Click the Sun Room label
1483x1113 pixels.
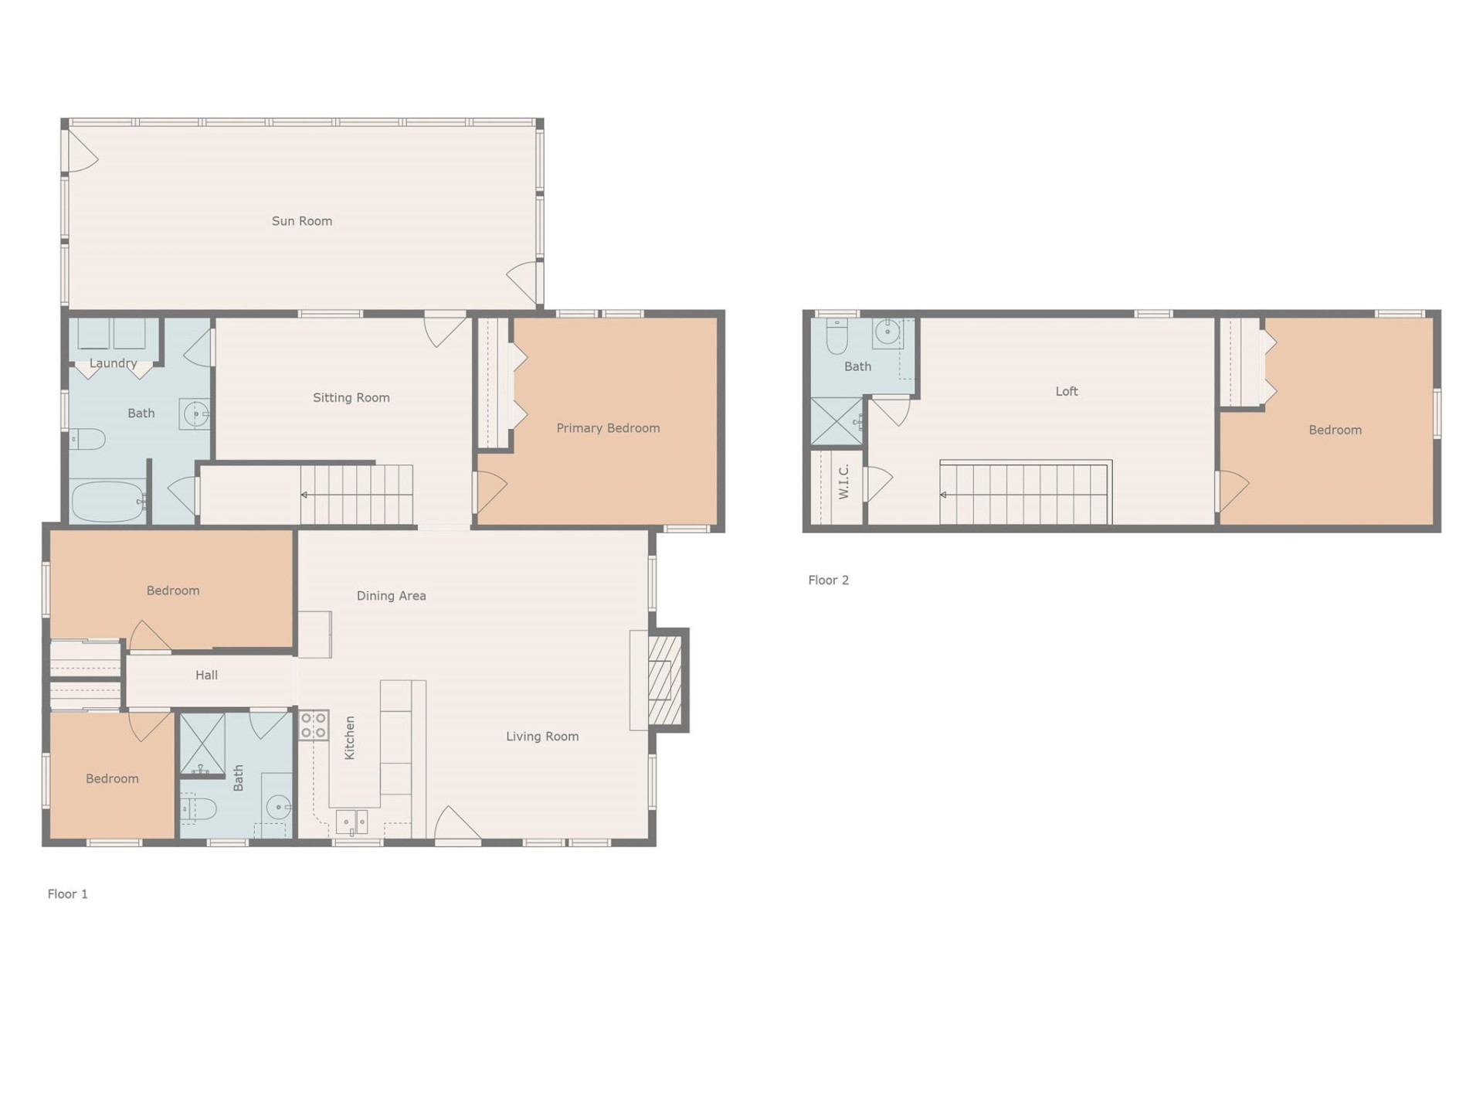[302, 221]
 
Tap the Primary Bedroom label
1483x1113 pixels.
[608, 428]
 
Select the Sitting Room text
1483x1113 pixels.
[351, 398]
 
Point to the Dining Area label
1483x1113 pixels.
[391, 596]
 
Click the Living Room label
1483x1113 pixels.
[542, 737]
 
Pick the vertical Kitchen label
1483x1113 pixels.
[350, 737]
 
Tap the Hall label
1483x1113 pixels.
[206, 676]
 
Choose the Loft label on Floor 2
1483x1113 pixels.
[1066, 392]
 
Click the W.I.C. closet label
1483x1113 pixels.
[843, 482]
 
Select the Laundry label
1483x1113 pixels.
[113, 363]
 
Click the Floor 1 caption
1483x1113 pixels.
[68, 894]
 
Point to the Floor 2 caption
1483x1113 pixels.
[828, 580]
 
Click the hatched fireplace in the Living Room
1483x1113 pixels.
[664, 680]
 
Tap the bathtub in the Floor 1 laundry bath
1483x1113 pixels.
[108, 502]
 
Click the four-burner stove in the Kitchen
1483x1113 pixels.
[314, 725]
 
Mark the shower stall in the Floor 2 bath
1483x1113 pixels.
[836, 422]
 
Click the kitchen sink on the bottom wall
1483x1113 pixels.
[351, 822]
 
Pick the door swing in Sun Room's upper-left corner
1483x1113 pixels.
[81, 151]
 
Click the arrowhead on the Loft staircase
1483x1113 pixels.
[943, 495]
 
